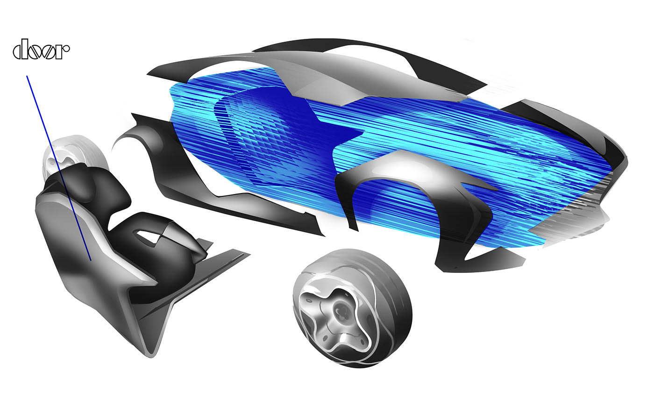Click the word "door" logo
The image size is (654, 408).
(41, 51)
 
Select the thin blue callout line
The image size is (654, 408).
(58, 166)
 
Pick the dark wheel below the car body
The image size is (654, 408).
(352, 308)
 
